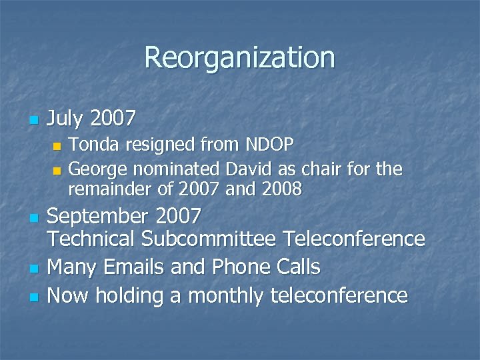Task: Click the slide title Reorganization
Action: point(239,57)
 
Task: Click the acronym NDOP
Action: point(272,144)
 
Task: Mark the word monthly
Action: point(225,295)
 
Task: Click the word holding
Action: point(132,295)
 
